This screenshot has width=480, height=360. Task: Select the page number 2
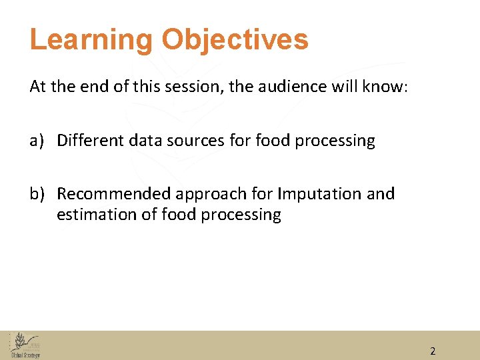click(x=433, y=351)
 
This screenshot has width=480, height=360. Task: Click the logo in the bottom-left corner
click(x=25, y=346)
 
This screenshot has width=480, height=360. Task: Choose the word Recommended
click(x=114, y=194)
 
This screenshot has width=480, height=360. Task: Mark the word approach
click(x=207, y=194)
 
